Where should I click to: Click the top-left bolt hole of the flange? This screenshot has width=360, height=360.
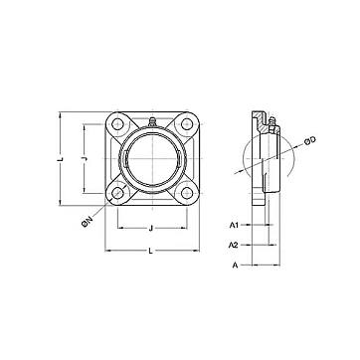pyautogui.click(x=117, y=124)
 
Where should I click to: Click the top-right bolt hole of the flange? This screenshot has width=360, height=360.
pyautogui.click(x=187, y=124)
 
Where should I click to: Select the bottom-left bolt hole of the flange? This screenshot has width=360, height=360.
pyautogui.click(x=117, y=193)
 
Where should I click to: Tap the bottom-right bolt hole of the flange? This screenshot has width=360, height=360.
pyautogui.click(x=187, y=193)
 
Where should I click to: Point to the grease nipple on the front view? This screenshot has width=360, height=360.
pyautogui.click(x=152, y=122)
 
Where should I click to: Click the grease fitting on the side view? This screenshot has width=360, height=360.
pyautogui.click(x=272, y=123)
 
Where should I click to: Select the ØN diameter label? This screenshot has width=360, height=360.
pyautogui.click(x=88, y=222)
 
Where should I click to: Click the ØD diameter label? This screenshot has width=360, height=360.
pyautogui.click(x=310, y=140)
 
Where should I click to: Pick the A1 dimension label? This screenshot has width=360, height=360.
pyautogui.click(x=234, y=226)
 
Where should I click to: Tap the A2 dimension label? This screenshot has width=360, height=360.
pyautogui.click(x=234, y=246)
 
